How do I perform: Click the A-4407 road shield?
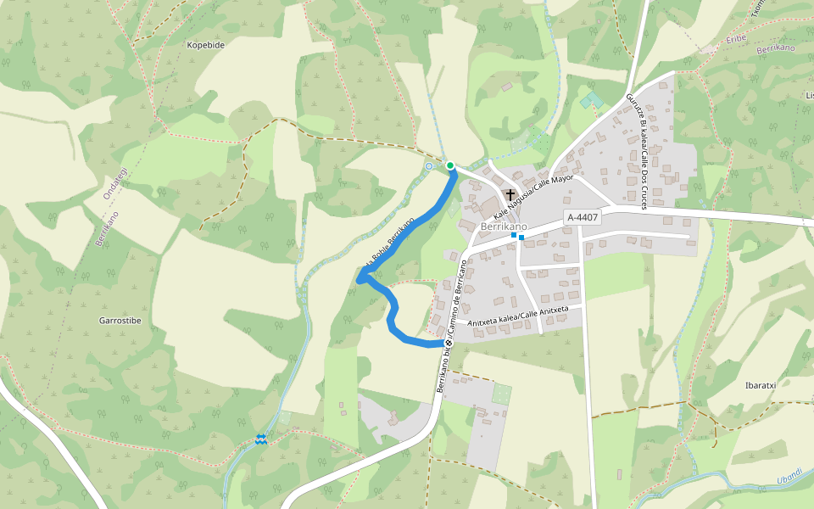[583, 217]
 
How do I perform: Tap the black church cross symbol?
[510, 194]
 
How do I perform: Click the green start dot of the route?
[450, 165]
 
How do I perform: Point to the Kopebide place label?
[205, 44]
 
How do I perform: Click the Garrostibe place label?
[120, 321]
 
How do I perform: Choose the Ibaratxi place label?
[760, 385]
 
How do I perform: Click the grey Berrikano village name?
[504, 227]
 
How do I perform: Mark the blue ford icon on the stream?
[261, 439]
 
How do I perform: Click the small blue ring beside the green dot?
[429, 167]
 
